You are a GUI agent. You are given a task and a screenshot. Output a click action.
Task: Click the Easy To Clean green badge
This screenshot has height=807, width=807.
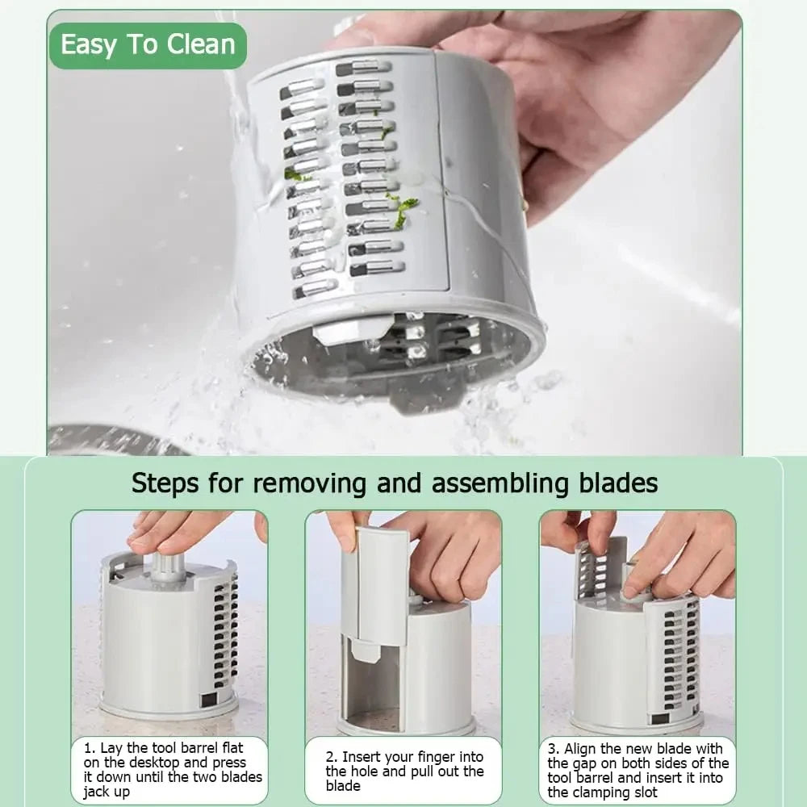point(148,45)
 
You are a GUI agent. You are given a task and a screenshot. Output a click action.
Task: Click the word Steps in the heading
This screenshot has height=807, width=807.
point(165,483)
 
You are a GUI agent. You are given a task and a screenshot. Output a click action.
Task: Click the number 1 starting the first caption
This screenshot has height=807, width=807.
point(88,748)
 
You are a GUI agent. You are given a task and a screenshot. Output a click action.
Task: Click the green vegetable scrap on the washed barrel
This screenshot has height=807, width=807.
point(401,209)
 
